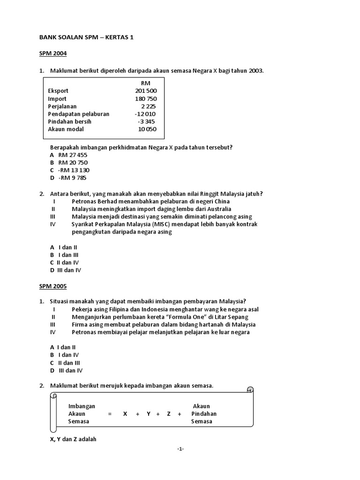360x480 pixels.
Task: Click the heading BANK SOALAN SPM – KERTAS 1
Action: pyautogui.click(x=86, y=37)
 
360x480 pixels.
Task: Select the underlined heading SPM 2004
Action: pyautogui.click(x=53, y=53)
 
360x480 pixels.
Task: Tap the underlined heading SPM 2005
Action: pyautogui.click(x=53, y=286)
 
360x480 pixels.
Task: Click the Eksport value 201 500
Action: pyautogui.click(x=146, y=91)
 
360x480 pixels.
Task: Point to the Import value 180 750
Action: pyautogui.click(x=146, y=99)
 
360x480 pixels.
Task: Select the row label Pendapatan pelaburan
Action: pyautogui.click(x=78, y=114)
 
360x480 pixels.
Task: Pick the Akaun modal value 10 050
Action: pyautogui.click(x=147, y=129)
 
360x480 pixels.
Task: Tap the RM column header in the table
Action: pyautogui.click(x=145, y=83)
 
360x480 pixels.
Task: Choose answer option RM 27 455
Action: pyautogui.click(x=73, y=155)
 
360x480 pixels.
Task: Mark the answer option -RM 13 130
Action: pyautogui.click(x=73, y=170)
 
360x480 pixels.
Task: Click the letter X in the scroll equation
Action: pyautogui.click(x=125, y=414)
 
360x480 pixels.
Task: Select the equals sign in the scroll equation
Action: pyautogui.click(x=110, y=414)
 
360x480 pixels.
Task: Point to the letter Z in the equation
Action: pyautogui.click(x=169, y=414)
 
